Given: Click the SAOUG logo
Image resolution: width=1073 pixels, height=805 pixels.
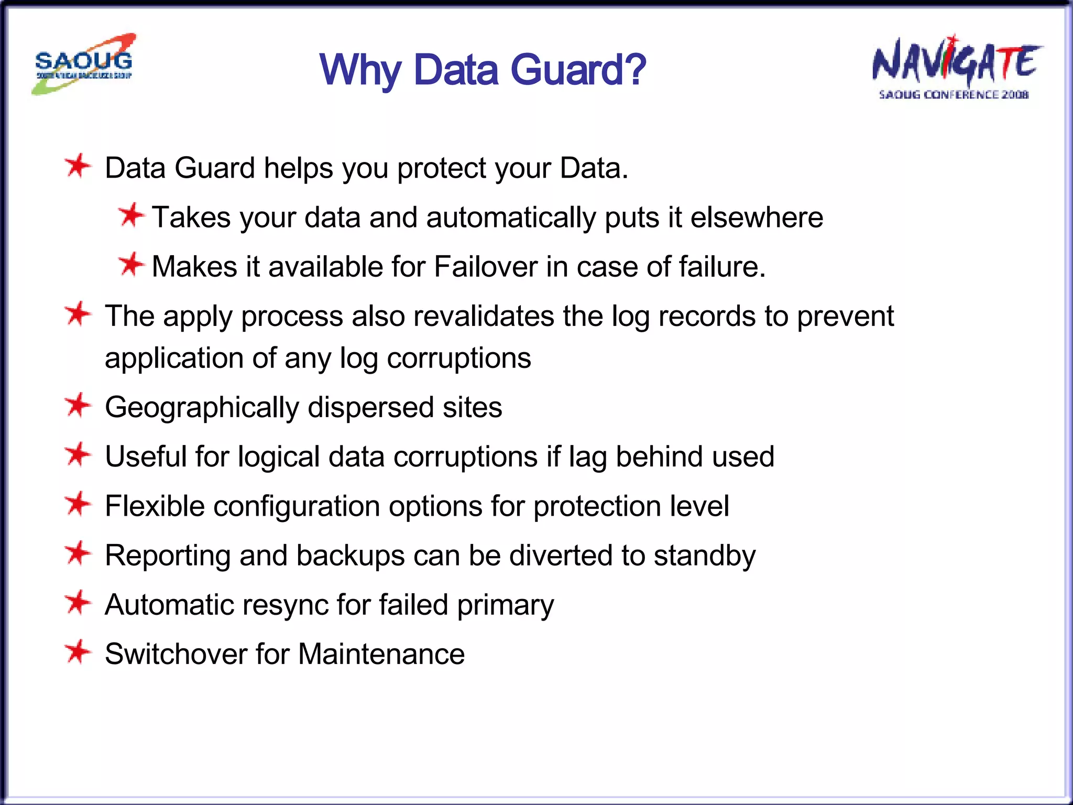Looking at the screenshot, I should (x=84, y=64).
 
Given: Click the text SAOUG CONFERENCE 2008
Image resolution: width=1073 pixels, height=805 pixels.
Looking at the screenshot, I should (x=954, y=95).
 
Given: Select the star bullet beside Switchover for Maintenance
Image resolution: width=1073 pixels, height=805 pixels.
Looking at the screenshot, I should (x=78, y=652).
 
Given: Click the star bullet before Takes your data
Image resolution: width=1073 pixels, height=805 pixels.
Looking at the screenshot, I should (x=130, y=215).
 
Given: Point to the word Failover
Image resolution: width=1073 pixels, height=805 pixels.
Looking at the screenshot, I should (x=486, y=266).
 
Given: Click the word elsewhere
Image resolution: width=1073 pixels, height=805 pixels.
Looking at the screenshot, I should (x=757, y=217).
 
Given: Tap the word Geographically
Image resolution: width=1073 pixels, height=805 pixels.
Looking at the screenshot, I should (x=202, y=408).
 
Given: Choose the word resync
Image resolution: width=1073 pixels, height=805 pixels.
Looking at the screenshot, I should (x=291, y=605).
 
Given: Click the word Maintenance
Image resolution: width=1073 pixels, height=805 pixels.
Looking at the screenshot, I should (x=381, y=654).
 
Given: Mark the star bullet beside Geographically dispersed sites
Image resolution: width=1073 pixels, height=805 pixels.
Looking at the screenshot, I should (x=78, y=406).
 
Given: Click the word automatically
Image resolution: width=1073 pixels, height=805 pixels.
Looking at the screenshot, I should (x=511, y=217).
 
